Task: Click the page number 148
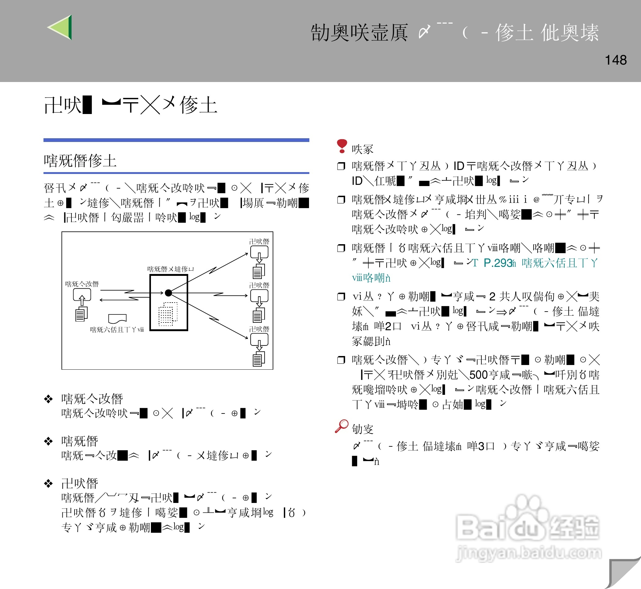(616, 60)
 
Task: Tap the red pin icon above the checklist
(342, 146)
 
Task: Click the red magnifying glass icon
(342, 426)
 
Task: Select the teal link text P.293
(498, 263)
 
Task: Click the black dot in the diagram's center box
(169, 293)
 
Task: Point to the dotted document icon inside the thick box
(168, 314)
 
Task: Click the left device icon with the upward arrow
(82, 304)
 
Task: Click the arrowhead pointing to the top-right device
(246, 254)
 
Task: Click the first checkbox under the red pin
(341, 166)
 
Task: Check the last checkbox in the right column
(341, 360)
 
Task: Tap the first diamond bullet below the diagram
(48, 399)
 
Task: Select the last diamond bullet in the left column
(48, 483)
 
